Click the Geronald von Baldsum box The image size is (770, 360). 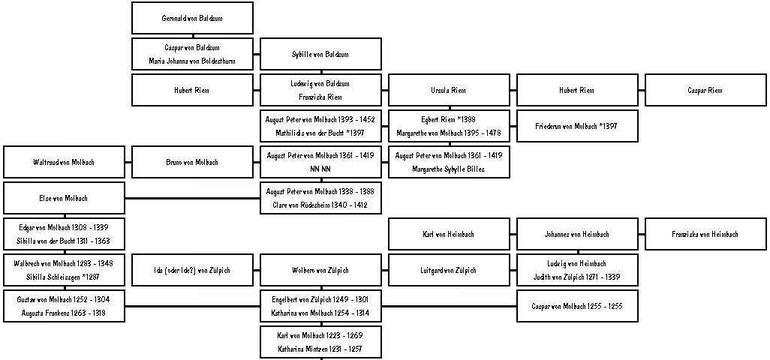[192, 18]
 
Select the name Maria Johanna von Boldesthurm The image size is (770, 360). [192, 61]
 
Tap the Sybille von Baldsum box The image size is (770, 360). [320, 54]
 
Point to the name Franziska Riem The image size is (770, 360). [320, 97]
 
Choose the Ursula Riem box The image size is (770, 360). [450, 90]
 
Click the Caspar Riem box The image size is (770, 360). [705, 90]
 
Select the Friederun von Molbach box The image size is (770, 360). [578, 126]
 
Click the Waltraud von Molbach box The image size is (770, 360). [65, 162]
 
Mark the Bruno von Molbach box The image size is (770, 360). [192, 162]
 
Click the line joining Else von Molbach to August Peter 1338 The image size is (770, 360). [192, 199]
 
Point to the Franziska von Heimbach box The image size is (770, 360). [705, 235]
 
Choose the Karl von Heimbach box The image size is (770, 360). [450, 235]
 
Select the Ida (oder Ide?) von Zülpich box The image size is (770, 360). [192, 270]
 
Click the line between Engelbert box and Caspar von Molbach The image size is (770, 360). [450, 307]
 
